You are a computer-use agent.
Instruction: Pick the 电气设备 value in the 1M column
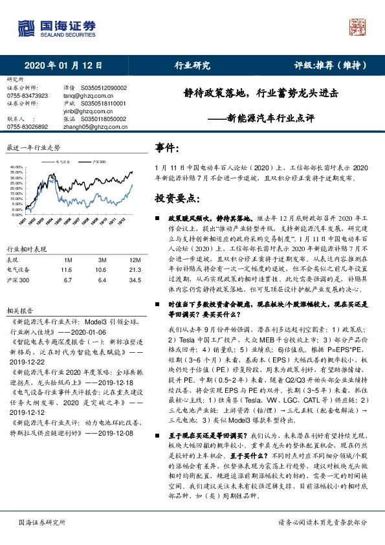pos(65,269)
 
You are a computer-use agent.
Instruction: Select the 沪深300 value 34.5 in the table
pos(135,280)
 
